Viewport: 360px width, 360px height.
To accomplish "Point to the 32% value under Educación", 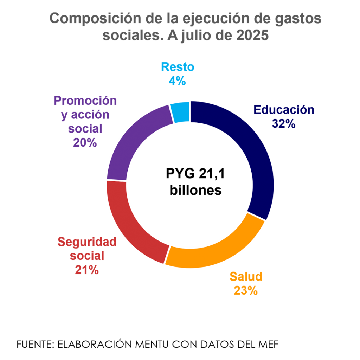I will pyautogui.click(x=284, y=123).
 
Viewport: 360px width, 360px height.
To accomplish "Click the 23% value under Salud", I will pyautogui.click(x=246, y=291).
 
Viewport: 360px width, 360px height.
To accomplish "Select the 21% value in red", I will pyautogui.click(x=86, y=270).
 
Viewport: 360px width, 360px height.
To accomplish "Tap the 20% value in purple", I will pyautogui.click(x=85, y=142).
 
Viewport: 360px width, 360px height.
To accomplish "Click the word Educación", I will pyautogui.click(x=284, y=110).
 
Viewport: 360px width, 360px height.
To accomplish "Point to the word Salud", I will pyautogui.click(x=246, y=277).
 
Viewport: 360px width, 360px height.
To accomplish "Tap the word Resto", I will pyautogui.click(x=177, y=67).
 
